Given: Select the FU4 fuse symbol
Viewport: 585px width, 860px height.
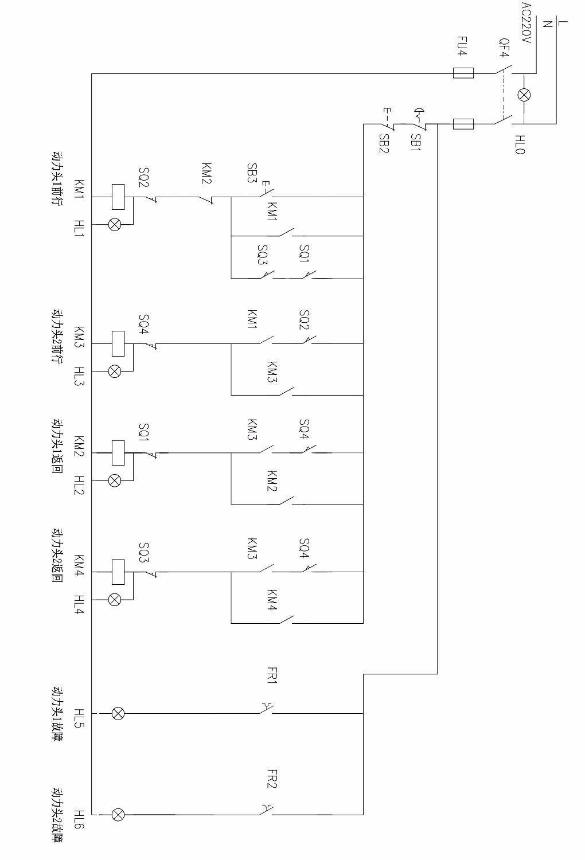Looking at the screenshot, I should (463, 73).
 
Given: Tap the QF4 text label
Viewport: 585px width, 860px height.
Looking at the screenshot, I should (504, 48).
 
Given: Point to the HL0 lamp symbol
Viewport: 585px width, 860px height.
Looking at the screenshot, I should (524, 95).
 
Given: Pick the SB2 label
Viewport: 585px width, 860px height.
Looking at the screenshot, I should (384, 143).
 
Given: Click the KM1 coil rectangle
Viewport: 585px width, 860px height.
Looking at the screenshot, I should (118, 197).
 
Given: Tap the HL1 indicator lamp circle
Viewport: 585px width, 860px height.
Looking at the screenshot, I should (115, 224).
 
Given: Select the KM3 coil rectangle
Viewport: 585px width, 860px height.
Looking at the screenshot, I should (118, 343).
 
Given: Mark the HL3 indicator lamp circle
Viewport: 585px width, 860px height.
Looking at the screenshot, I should (115, 371).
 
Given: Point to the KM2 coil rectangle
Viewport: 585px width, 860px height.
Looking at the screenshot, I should (118, 453).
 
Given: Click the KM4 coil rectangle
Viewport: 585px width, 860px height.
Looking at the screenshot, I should (118, 572).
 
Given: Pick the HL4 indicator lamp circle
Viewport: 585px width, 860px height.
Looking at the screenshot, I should (115, 599).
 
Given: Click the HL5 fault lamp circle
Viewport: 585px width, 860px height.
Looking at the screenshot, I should (118, 713).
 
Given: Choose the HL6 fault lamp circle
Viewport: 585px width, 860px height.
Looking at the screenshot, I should (118, 814).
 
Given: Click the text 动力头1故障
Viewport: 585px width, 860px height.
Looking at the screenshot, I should (57, 713).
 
